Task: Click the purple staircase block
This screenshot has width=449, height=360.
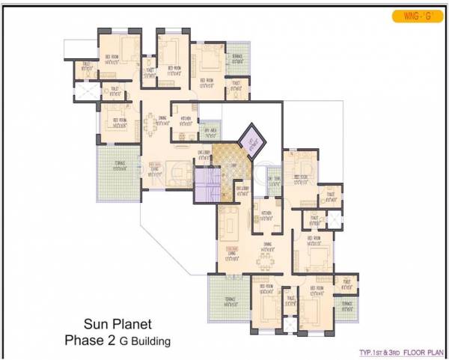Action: click(x=206, y=184)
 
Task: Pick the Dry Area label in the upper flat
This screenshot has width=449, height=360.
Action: click(x=210, y=135)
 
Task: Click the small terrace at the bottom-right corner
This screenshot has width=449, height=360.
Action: click(x=346, y=305)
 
